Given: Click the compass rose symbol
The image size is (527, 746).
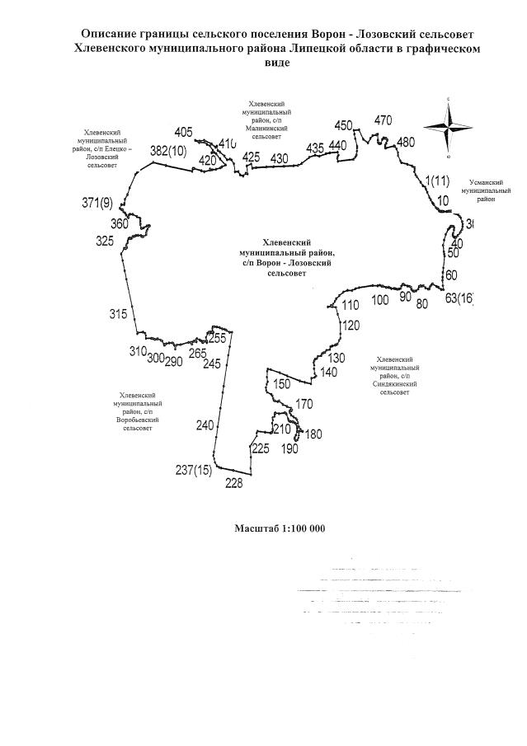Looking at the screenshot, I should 448,127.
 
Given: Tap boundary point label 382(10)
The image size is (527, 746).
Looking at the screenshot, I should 168,152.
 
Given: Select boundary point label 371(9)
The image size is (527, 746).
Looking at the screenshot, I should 97,203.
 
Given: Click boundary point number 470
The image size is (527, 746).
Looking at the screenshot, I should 383,120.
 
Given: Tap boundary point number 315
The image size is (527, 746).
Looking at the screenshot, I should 118,314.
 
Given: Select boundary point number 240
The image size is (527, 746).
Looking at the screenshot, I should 205,425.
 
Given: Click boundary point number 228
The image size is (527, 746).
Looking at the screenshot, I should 234,484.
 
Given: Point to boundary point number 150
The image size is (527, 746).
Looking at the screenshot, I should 282,384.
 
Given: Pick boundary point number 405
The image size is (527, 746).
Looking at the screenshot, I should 184,132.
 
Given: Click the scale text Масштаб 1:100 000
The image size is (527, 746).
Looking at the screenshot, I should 280,528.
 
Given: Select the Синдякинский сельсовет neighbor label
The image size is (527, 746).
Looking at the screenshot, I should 399,375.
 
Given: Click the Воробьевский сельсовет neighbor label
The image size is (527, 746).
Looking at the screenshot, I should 140,412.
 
